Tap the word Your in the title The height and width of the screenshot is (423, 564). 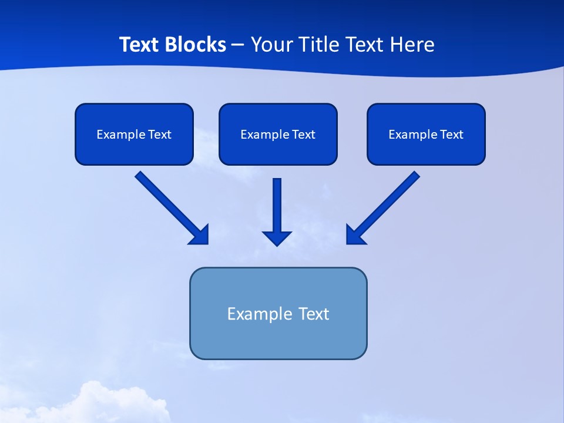pos(271,45)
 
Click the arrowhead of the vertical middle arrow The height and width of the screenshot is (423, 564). pos(277,238)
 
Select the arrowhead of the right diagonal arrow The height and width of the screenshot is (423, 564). pos(355,235)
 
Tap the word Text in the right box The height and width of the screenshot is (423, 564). pos(452,135)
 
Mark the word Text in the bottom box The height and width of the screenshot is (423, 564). pos(314,314)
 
